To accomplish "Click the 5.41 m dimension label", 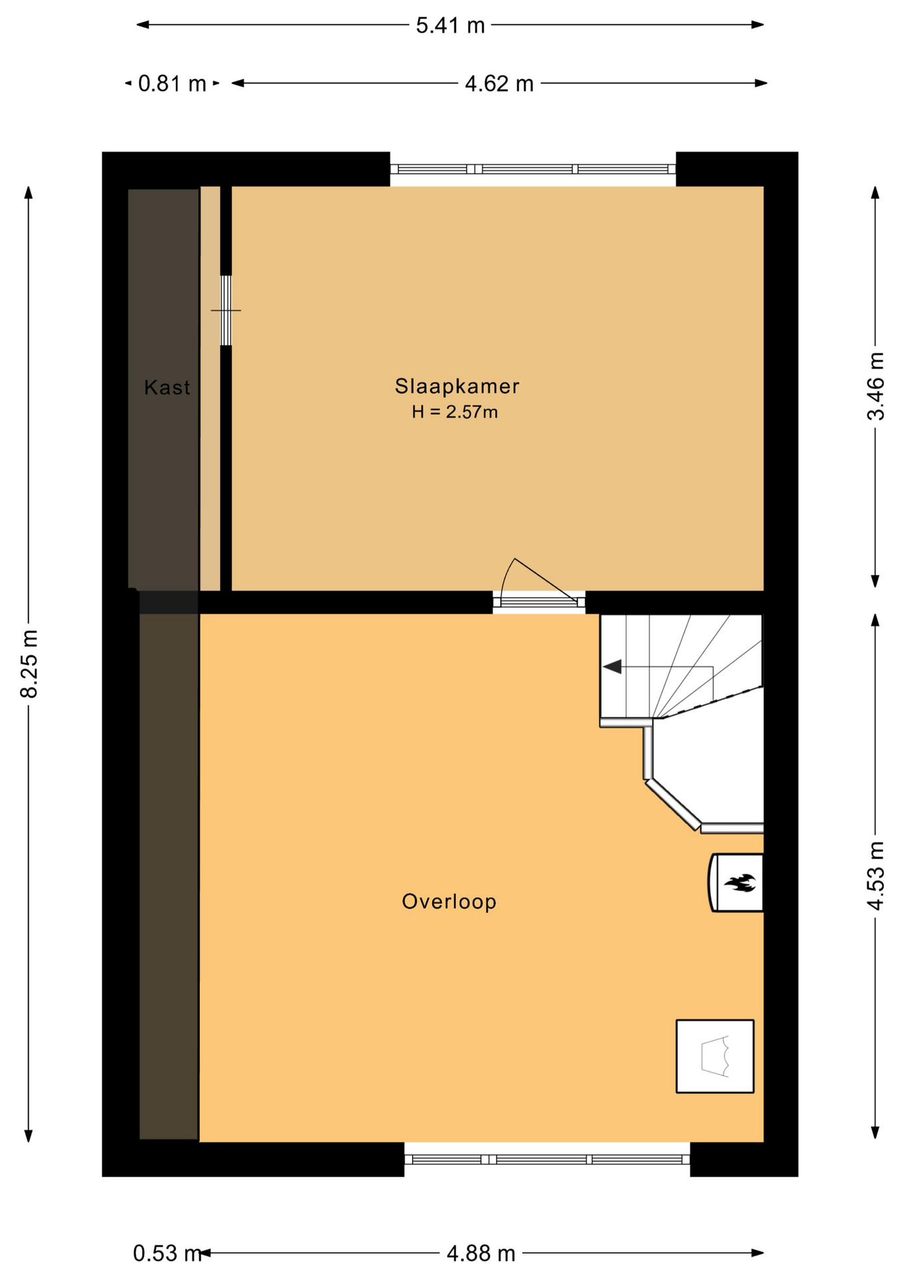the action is point(450,25).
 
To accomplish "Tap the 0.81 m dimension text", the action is point(172,84).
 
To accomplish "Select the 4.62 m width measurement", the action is point(499,84).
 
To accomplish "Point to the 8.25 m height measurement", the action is point(29,663).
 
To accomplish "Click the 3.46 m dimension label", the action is point(876,386).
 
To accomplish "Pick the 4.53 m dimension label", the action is point(876,876).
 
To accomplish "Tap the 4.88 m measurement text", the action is point(481,1253).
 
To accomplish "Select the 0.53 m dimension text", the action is point(167,1253).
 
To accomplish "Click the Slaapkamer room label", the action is point(457,386).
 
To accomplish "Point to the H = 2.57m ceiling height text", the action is point(455,412).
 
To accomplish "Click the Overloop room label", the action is point(449,901).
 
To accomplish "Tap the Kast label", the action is point(167,387).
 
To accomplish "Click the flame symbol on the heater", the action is point(740,883).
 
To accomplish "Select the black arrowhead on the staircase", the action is point(612,666).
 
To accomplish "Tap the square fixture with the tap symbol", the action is point(715,1056).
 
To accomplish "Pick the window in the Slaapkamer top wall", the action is point(533,169).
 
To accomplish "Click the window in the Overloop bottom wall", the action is point(547,1160).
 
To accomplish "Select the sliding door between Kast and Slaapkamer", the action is point(226,310).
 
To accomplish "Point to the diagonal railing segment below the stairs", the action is point(672,805).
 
